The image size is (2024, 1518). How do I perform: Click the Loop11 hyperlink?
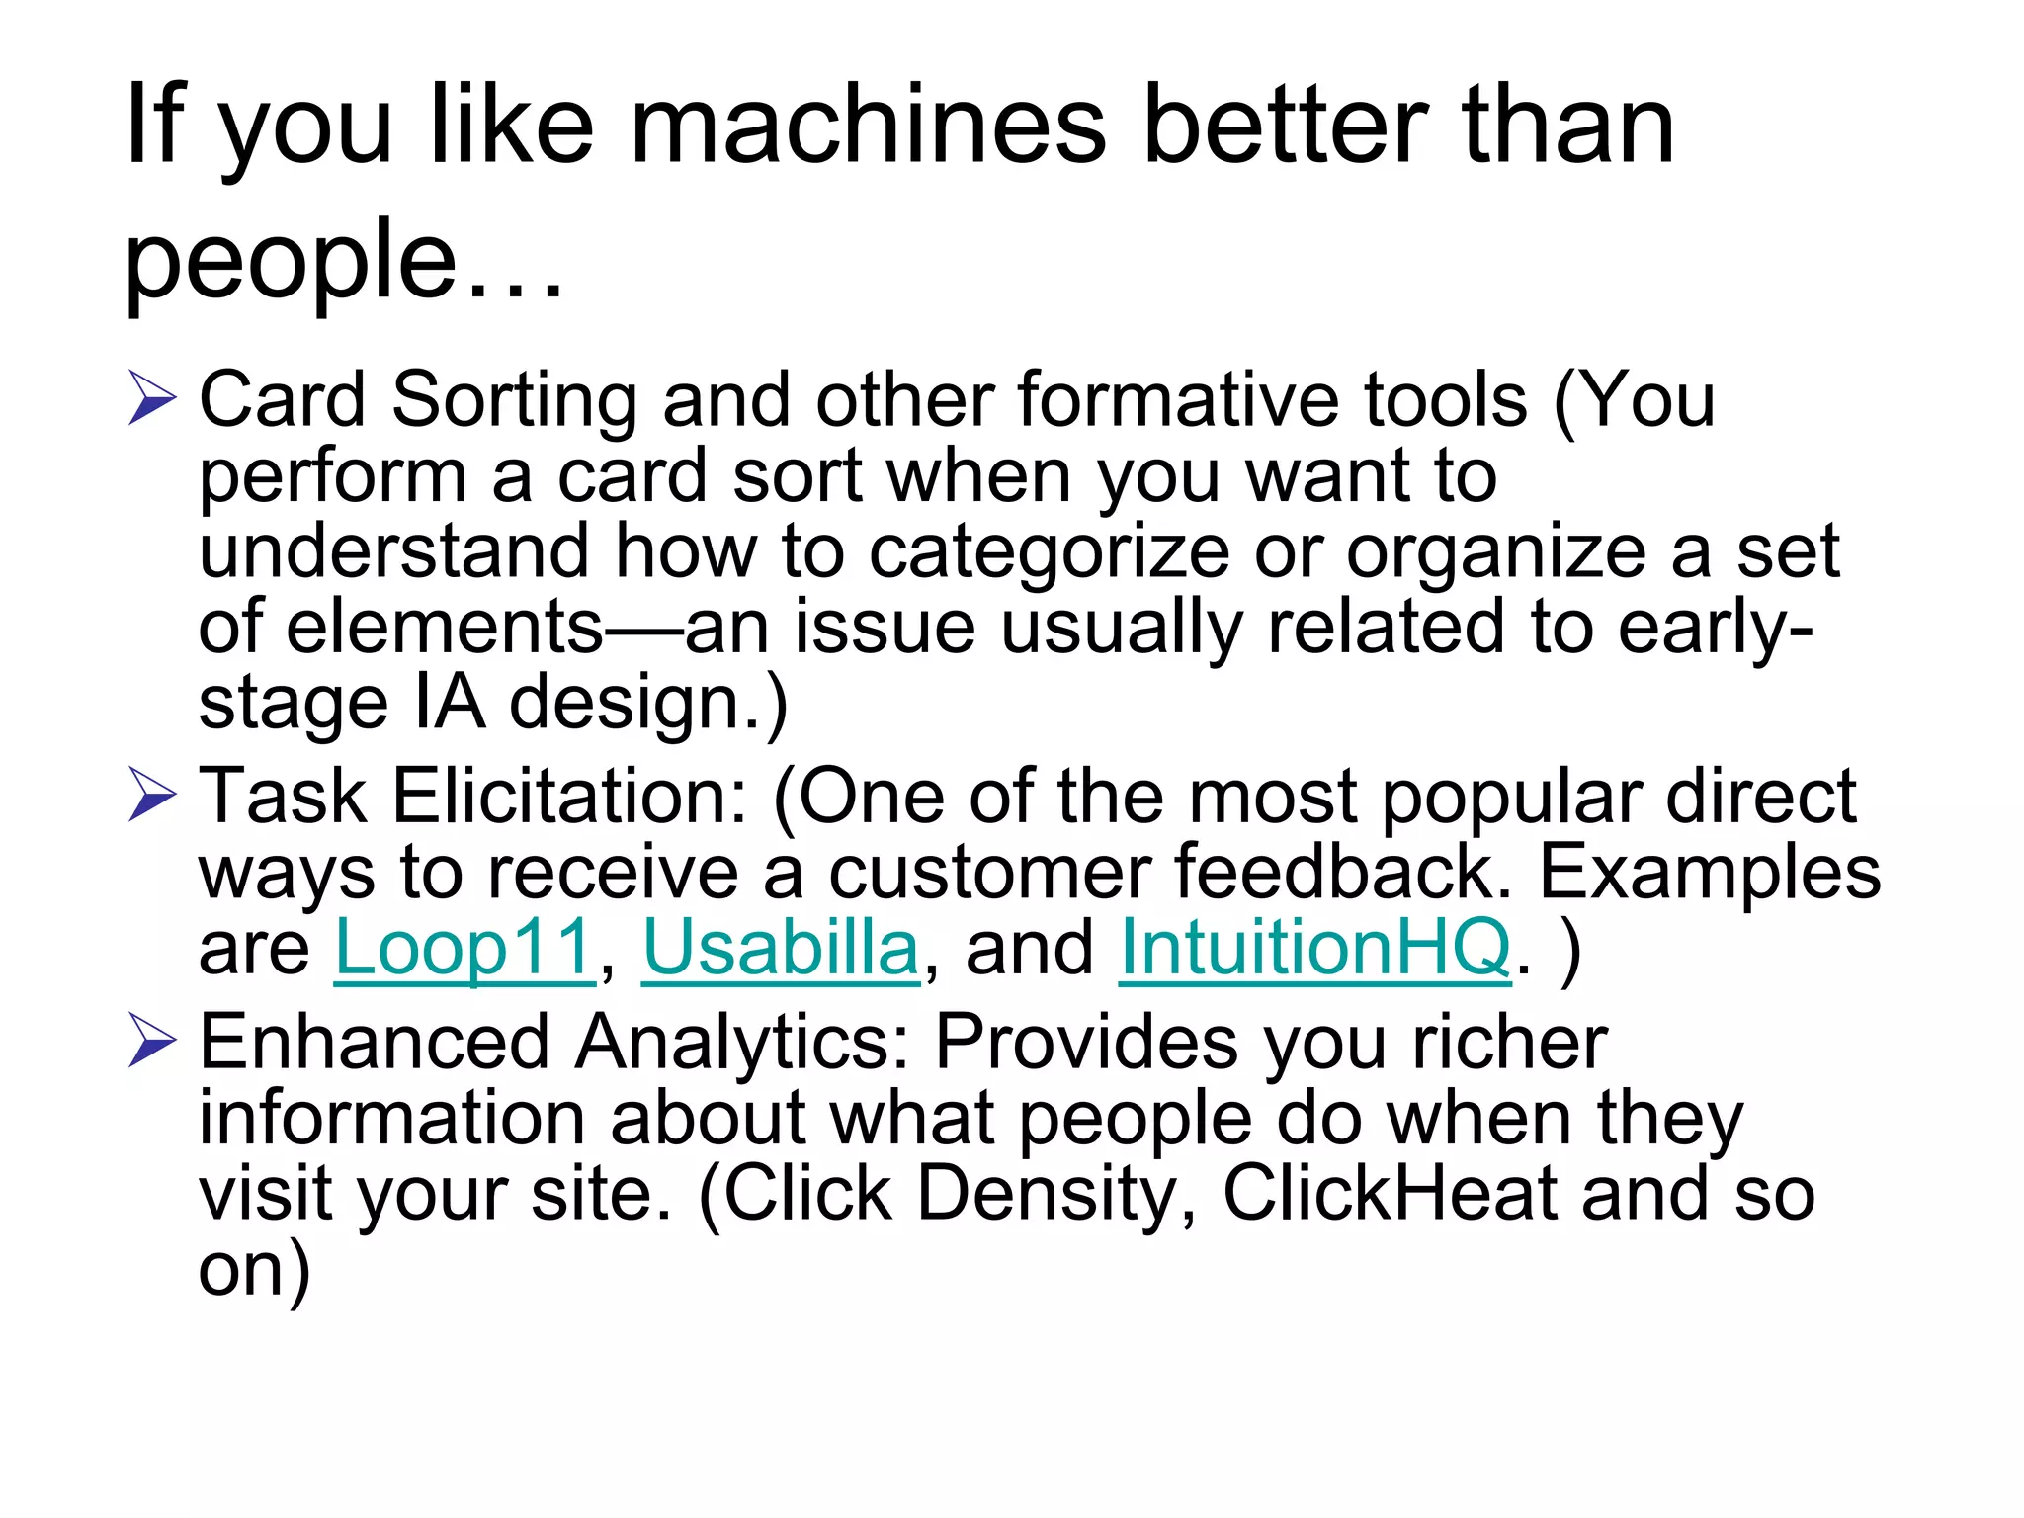(x=464, y=948)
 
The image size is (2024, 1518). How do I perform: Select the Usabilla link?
(x=781, y=948)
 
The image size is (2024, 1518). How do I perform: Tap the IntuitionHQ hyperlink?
(x=1314, y=948)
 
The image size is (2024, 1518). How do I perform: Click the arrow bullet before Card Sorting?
(x=152, y=400)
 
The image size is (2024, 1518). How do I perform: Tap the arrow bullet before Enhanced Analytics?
(x=152, y=1044)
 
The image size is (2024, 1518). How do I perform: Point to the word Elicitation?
(x=570, y=797)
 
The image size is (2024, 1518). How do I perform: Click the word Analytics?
(x=741, y=1044)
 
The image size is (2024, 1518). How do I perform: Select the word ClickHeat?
(x=1391, y=1194)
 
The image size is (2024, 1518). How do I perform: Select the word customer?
(x=989, y=873)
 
